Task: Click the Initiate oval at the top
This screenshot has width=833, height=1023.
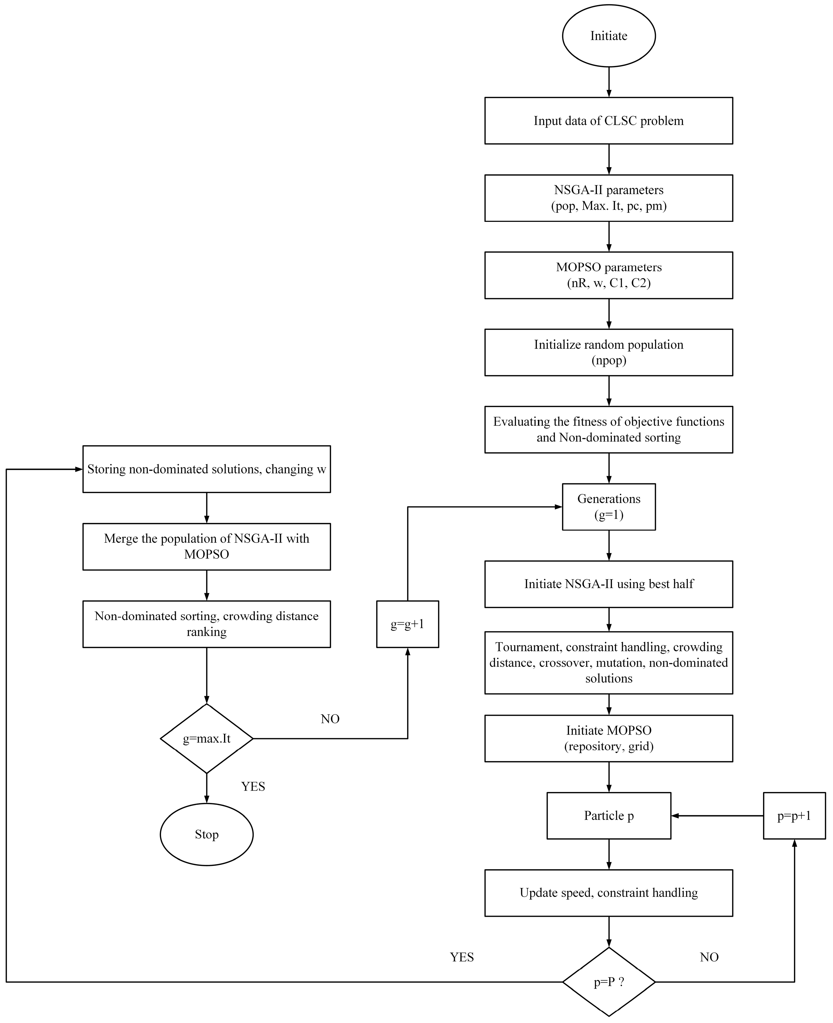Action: pyautogui.click(x=608, y=36)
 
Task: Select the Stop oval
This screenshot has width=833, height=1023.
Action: pyautogui.click(x=206, y=834)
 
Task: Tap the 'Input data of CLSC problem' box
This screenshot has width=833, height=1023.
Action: pyautogui.click(x=608, y=121)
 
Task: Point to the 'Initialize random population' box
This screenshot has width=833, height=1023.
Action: pyautogui.click(x=608, y=352)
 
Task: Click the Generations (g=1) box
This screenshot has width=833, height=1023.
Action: pyautogui.click(x=608, y=507)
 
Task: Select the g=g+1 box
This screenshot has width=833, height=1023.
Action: pyautogui.click(x=407, y=624)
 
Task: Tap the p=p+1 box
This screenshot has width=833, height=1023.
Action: pyautogui.click(x=794, y=816)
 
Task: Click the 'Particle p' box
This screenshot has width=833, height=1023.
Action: pyautogui.click(x=608, y=816)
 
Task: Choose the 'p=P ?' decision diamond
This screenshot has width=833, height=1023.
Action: pyautogui.click(x=608, y=982)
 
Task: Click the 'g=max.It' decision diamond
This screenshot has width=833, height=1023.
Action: pyautogui.click(x=206, y=738)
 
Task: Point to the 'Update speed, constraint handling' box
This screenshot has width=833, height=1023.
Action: pyautogui.click(x=608, y=893)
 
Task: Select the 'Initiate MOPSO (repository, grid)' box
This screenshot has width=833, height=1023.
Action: pyautogui.click(x=608, y=738)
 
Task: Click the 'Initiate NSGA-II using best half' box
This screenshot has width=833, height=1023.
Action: pyautogui.click(x=608, y=584)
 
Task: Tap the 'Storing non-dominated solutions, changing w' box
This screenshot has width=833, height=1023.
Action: pyautogui.click(x=206, y=469)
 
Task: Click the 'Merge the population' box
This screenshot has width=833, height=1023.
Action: pyautogui.click(x=206, y=547)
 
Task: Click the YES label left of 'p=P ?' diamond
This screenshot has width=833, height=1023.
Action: pyautogui.click(x=462, y=957)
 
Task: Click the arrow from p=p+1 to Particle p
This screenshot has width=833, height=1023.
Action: pyautogui.click(x=717, y=816)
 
